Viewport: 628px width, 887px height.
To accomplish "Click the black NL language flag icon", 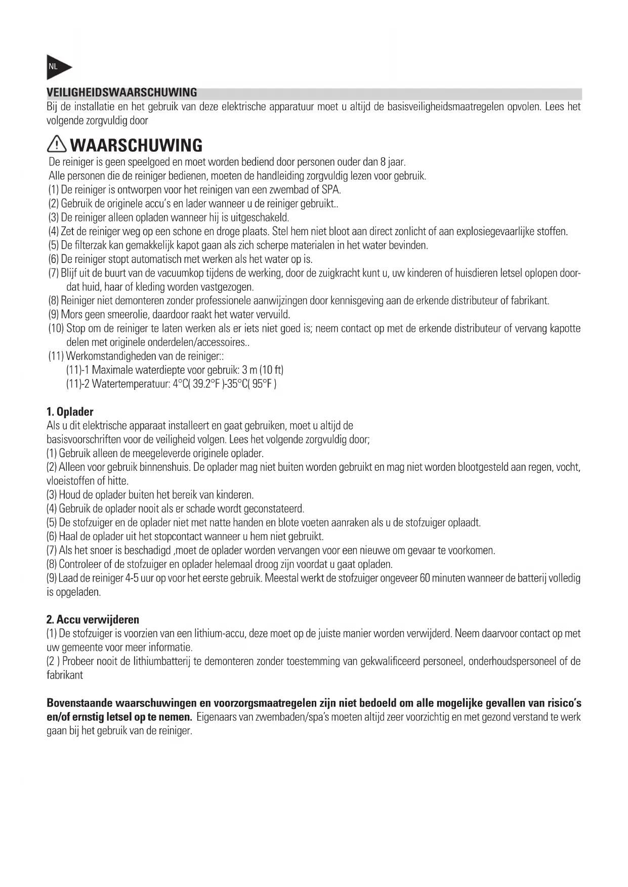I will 57,67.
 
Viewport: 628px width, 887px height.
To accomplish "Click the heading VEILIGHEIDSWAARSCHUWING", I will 121,93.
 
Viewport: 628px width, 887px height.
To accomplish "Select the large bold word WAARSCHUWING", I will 136,146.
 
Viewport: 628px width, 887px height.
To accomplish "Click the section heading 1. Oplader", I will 70,412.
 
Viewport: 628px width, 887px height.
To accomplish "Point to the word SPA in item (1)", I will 330,190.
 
